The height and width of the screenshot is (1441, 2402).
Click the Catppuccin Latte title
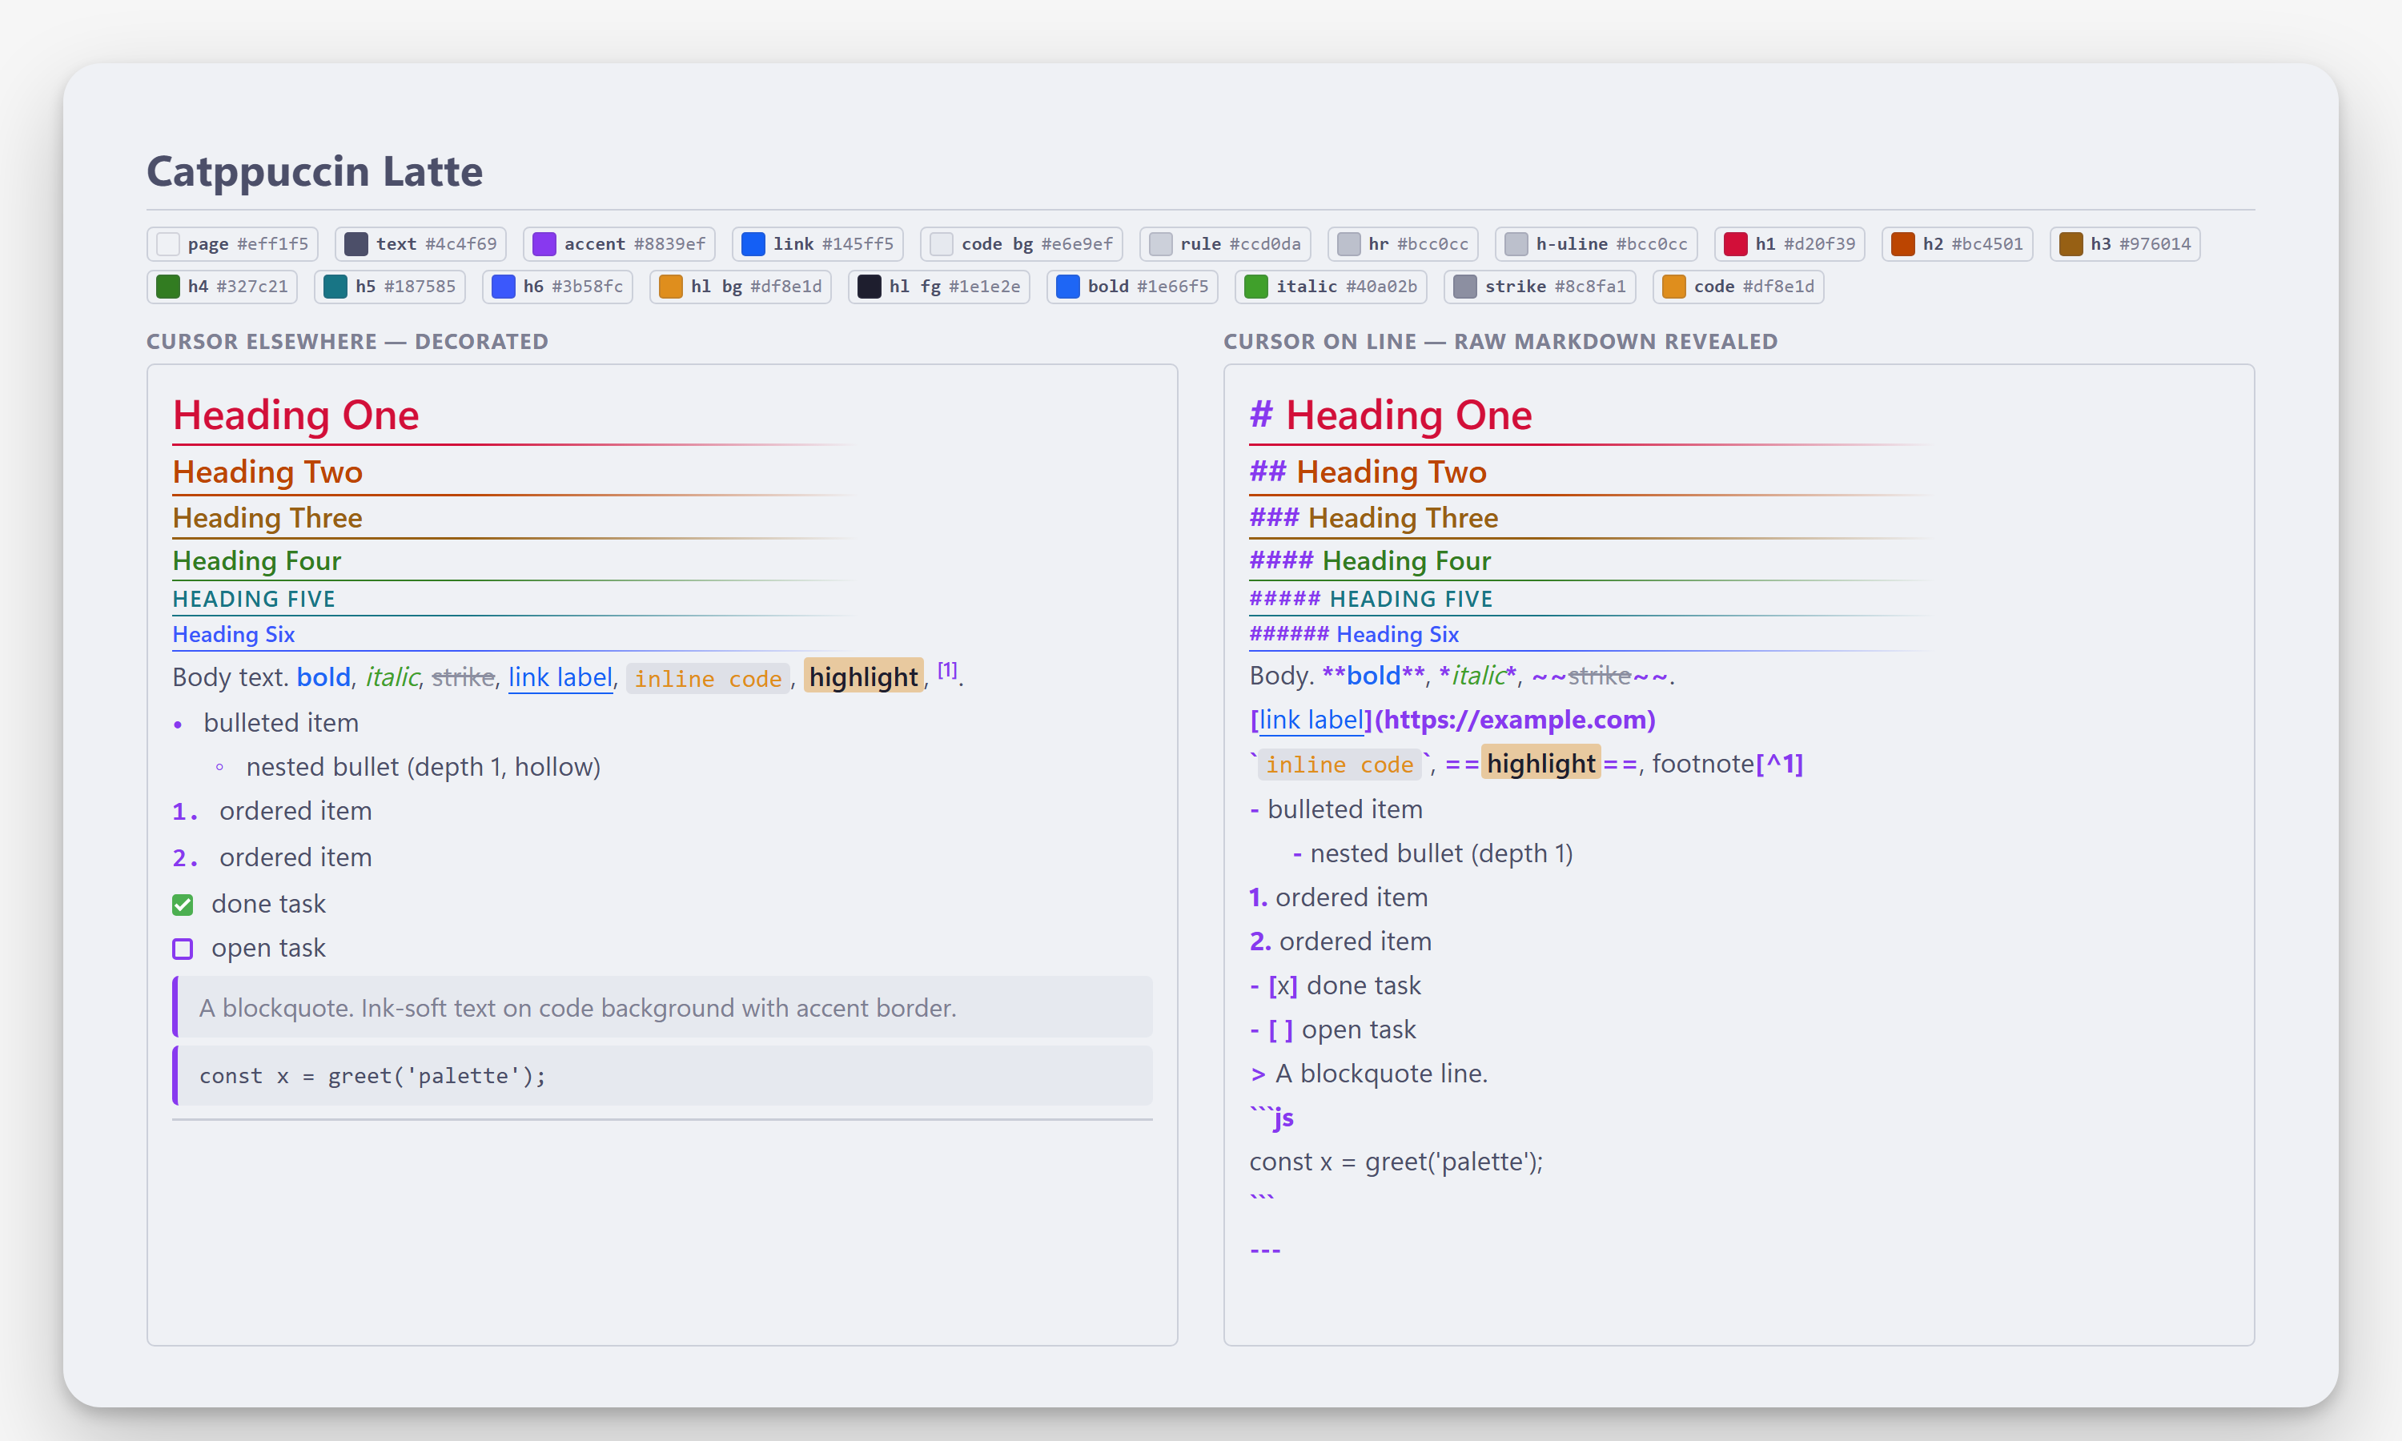[x=315, y=172]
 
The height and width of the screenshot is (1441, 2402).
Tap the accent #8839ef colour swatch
[x=544, y=243]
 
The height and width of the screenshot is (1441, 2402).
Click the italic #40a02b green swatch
[x=1255, y=287]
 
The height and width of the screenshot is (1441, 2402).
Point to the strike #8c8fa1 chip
[x=1540, y=287]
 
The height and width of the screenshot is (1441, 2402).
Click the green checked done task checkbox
[x=183, y=905]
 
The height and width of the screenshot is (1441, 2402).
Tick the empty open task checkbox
[x=183, y=949]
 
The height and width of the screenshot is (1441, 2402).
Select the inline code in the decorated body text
[x=708, y=679]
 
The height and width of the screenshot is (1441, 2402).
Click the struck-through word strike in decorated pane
[x=463, y=678]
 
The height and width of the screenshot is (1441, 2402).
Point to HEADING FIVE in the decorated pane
[x=253, y=599]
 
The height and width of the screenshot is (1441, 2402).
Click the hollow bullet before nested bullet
[x=219, y=768]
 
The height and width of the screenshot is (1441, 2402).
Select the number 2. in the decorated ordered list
[x=184, y=858]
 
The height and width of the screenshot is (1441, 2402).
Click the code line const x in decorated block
[x=373, y=1076]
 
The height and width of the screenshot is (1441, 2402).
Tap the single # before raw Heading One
[x=1260, y=415]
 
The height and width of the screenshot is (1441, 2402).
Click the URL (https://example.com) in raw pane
[x=1516, y=720]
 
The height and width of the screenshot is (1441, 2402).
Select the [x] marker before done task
[x=1283, y=985]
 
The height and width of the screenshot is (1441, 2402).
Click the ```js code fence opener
[x=1272, y=1118]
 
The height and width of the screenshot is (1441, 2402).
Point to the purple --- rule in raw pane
[x=1265, y=1250]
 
